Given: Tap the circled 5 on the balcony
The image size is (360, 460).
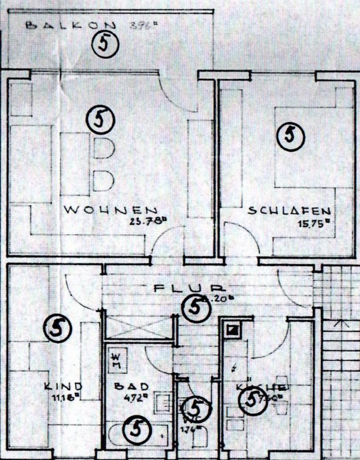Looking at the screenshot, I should [x=105, y=45].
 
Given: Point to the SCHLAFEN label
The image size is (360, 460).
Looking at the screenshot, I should [x=289, y=211].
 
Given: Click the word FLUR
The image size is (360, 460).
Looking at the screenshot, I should [x=189, y=289].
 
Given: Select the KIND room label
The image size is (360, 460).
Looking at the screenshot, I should [x=63, y=386].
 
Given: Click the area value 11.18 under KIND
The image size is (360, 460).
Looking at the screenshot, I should [x=66, y=397].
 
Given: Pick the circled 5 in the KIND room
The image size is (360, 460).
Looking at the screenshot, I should [x=58, y=328].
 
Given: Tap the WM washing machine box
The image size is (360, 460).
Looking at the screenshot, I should [x=117, y=360].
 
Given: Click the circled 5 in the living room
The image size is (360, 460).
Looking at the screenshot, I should [x=100, y=119].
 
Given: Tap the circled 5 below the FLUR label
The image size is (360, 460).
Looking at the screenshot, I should [x=196, y=308].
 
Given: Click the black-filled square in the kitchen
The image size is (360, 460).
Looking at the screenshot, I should [x=233, y=329].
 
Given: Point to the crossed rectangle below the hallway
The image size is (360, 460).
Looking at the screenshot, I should [x=137, y=328].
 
